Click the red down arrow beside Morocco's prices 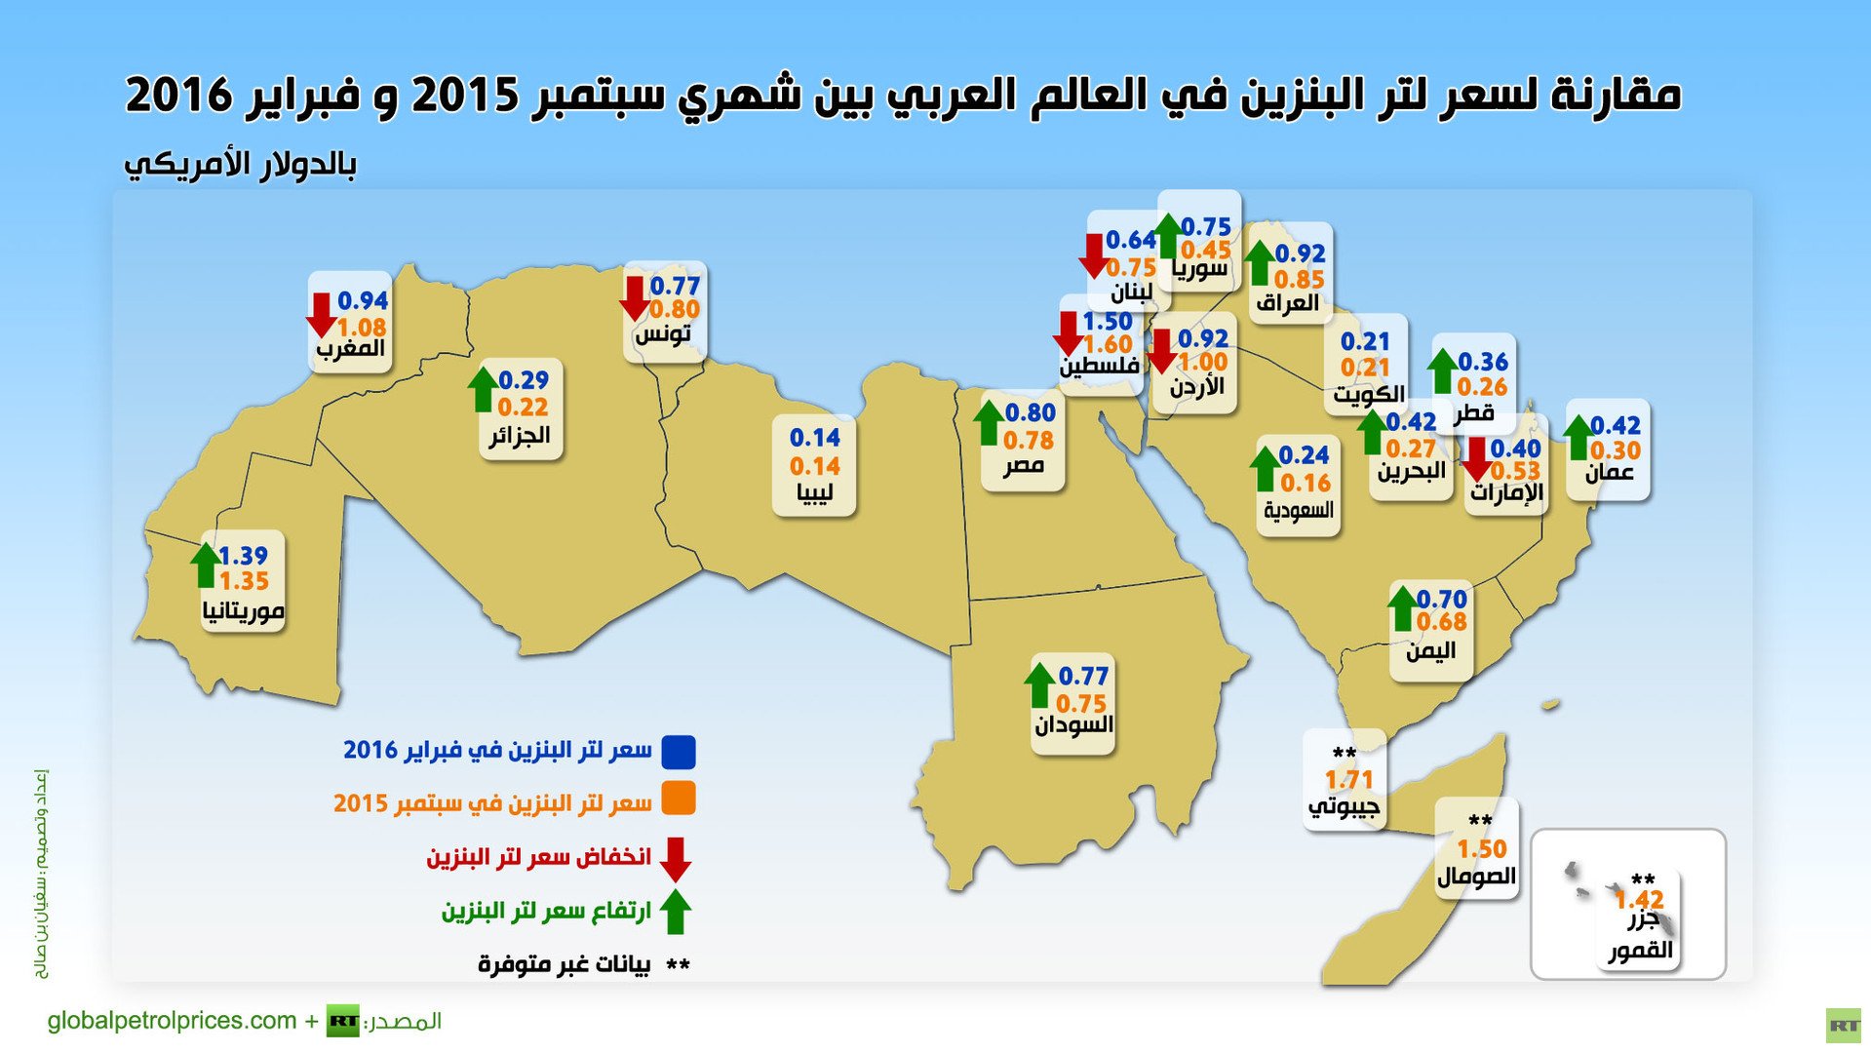tap(321, 315)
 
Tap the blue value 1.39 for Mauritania tap(243, 556)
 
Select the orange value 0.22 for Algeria tap(523, 407)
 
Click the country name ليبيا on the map tap(814, 493)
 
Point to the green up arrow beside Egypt tap(989, 422)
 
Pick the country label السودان tap(1072, 725)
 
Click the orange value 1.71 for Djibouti tap(1348, 780)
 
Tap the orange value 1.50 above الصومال tap(1481, 849)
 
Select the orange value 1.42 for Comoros tap(1639, 899)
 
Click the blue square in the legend tap(678, 751)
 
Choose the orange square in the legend tap(678, 799)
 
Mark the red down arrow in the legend tap(675, 859)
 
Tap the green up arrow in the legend tap(675, 912)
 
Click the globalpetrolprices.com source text tap(172, 1021)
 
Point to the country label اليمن tap(1430, 650)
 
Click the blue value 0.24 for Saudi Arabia tap(1304, 455)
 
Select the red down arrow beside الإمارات tap(1476, 458)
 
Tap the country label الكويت tap(1369, 394)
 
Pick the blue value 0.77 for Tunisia tap(675, 286)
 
